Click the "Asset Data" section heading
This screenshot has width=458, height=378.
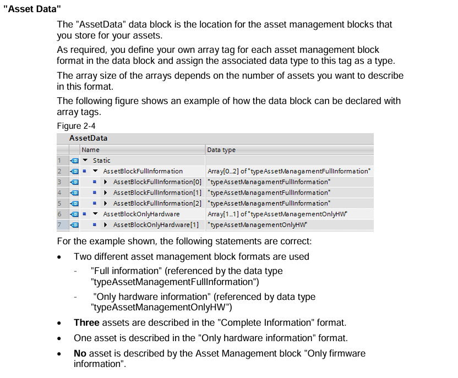pyautogui.click(x=32, y=9)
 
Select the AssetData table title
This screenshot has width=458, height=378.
pyautogui.click(x=88, y=138)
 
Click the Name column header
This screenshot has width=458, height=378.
pyautogui.click(x=90, y=149)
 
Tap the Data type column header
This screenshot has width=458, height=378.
pyautogui.click(x=221, y=149)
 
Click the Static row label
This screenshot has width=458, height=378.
pyautogui.click(x=101, y=160)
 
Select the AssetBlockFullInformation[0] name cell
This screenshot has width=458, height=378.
pyautogui.click(x=157, y=182)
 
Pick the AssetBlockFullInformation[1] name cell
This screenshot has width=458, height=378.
pyautogui.click(x=157, y=193)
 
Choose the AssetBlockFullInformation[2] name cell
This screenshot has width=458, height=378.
pyautogui.click(x=157, y=203)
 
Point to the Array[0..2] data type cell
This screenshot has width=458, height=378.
pyautogui.click(x=289, y=171)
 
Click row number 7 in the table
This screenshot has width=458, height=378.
pyautogui.click(x=59, y=224)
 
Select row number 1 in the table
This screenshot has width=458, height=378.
pyautogui.click(x=59, y=160)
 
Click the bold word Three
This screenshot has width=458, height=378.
pyautogui.click(x=86, y=322)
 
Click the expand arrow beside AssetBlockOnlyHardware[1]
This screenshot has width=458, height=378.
pyautogui.click(x=105, y=224)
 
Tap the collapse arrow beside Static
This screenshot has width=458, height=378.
pyautogui.click(x=85, y=160)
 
